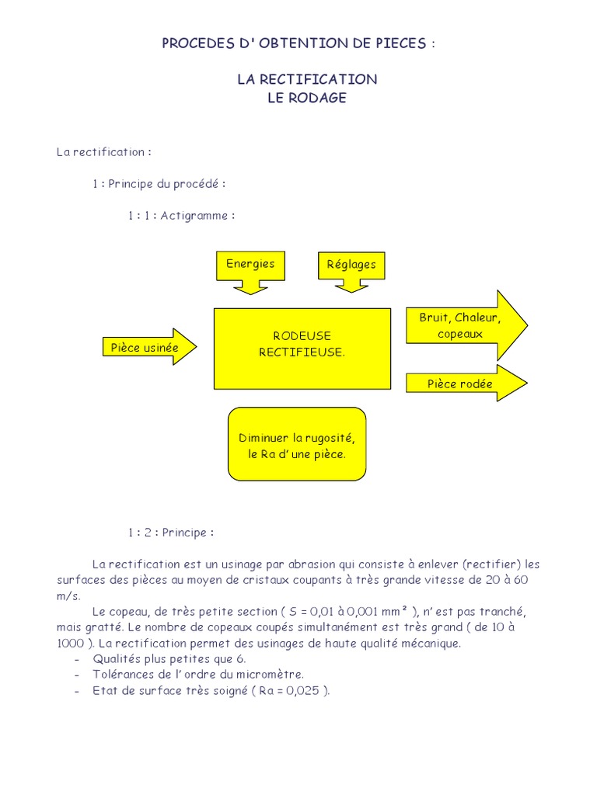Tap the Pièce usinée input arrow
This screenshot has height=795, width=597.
pyautogui.click(x=148, y=348)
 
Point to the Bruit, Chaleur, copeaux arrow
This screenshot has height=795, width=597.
pyautogui.click(x=463, y=326)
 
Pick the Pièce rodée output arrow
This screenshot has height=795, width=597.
pyautogui.click(x=463, y=384)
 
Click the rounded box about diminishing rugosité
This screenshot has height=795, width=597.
pyautogui.click(x=296, y=446)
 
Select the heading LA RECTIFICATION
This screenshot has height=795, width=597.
pyautogui.click(x=307, y=79)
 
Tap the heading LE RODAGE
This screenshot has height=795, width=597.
pyautogui.click(x=307, y=99)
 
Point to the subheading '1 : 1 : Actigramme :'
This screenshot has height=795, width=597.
pyautogui.click(x=181, y=216)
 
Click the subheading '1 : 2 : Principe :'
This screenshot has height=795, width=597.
pyautogui.click(x=171, y=533)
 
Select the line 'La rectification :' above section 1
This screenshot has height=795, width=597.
pyautogui.click(x=103, y=152)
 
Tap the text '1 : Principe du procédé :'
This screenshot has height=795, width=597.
pyautogui.click(x=159, y=184)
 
